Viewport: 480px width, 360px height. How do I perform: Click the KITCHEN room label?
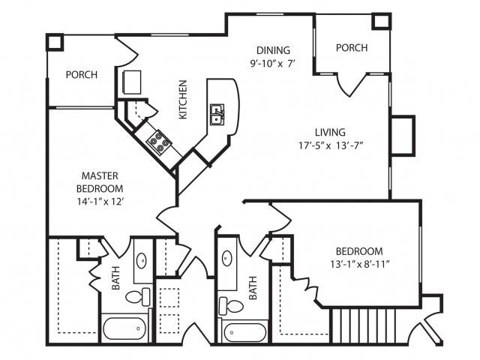pos(182,99)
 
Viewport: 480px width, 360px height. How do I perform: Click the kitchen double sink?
pos(217,115)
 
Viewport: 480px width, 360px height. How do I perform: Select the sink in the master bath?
pos(142,262)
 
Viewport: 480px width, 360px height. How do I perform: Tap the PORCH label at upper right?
pos(351,48)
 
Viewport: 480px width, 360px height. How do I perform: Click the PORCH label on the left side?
pos(81,75)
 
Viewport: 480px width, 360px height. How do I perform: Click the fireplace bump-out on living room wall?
pos(402,136)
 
